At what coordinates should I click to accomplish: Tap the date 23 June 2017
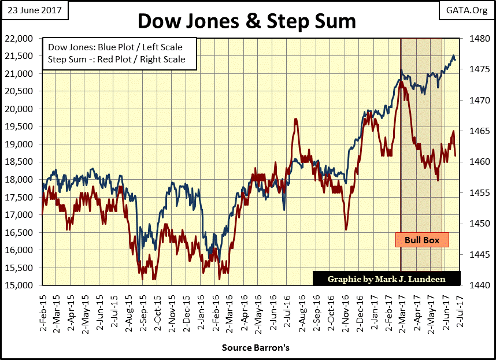coord(35,10)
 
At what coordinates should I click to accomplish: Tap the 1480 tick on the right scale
coord(473,39)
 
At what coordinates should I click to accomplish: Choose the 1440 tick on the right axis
coord(473,285)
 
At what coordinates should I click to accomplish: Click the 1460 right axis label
coord(473,162)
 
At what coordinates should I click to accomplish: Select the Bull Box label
coord(422,240)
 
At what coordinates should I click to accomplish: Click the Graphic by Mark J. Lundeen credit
coord(387,279)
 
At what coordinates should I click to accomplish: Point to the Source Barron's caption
coord(255,348)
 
